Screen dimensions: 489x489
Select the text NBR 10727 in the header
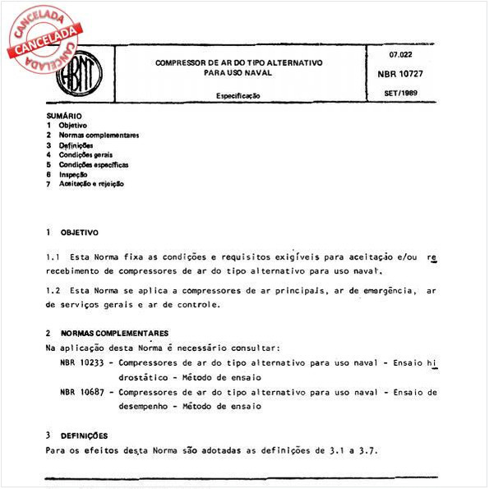pyautogui.click(x=402, y=74)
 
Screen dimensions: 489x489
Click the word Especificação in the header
pyautogui.click(x=238, y=96)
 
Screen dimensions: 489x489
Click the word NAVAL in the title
pyautogui.click(x=256, y=72)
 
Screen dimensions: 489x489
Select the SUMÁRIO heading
pyautogui.click(x=64, y=116)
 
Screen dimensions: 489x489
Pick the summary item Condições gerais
pyautogui.click(x=85, y=155)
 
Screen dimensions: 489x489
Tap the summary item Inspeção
pyautogui.click(x=74, y=174)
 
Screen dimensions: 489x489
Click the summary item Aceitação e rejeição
pyautogui.click(x=91, y=184)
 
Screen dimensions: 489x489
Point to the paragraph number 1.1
pyautogui.click(x=53, y=257)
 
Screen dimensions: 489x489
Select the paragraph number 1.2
pyautogui.click(x=53, y=290)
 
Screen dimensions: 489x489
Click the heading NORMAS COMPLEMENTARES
pyautogui.click(x=114, y=334)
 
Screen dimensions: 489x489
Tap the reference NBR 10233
pyautogui.click(x=83, y=362)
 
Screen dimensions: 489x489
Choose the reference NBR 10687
pyautogui.click(x=83, y=392)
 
